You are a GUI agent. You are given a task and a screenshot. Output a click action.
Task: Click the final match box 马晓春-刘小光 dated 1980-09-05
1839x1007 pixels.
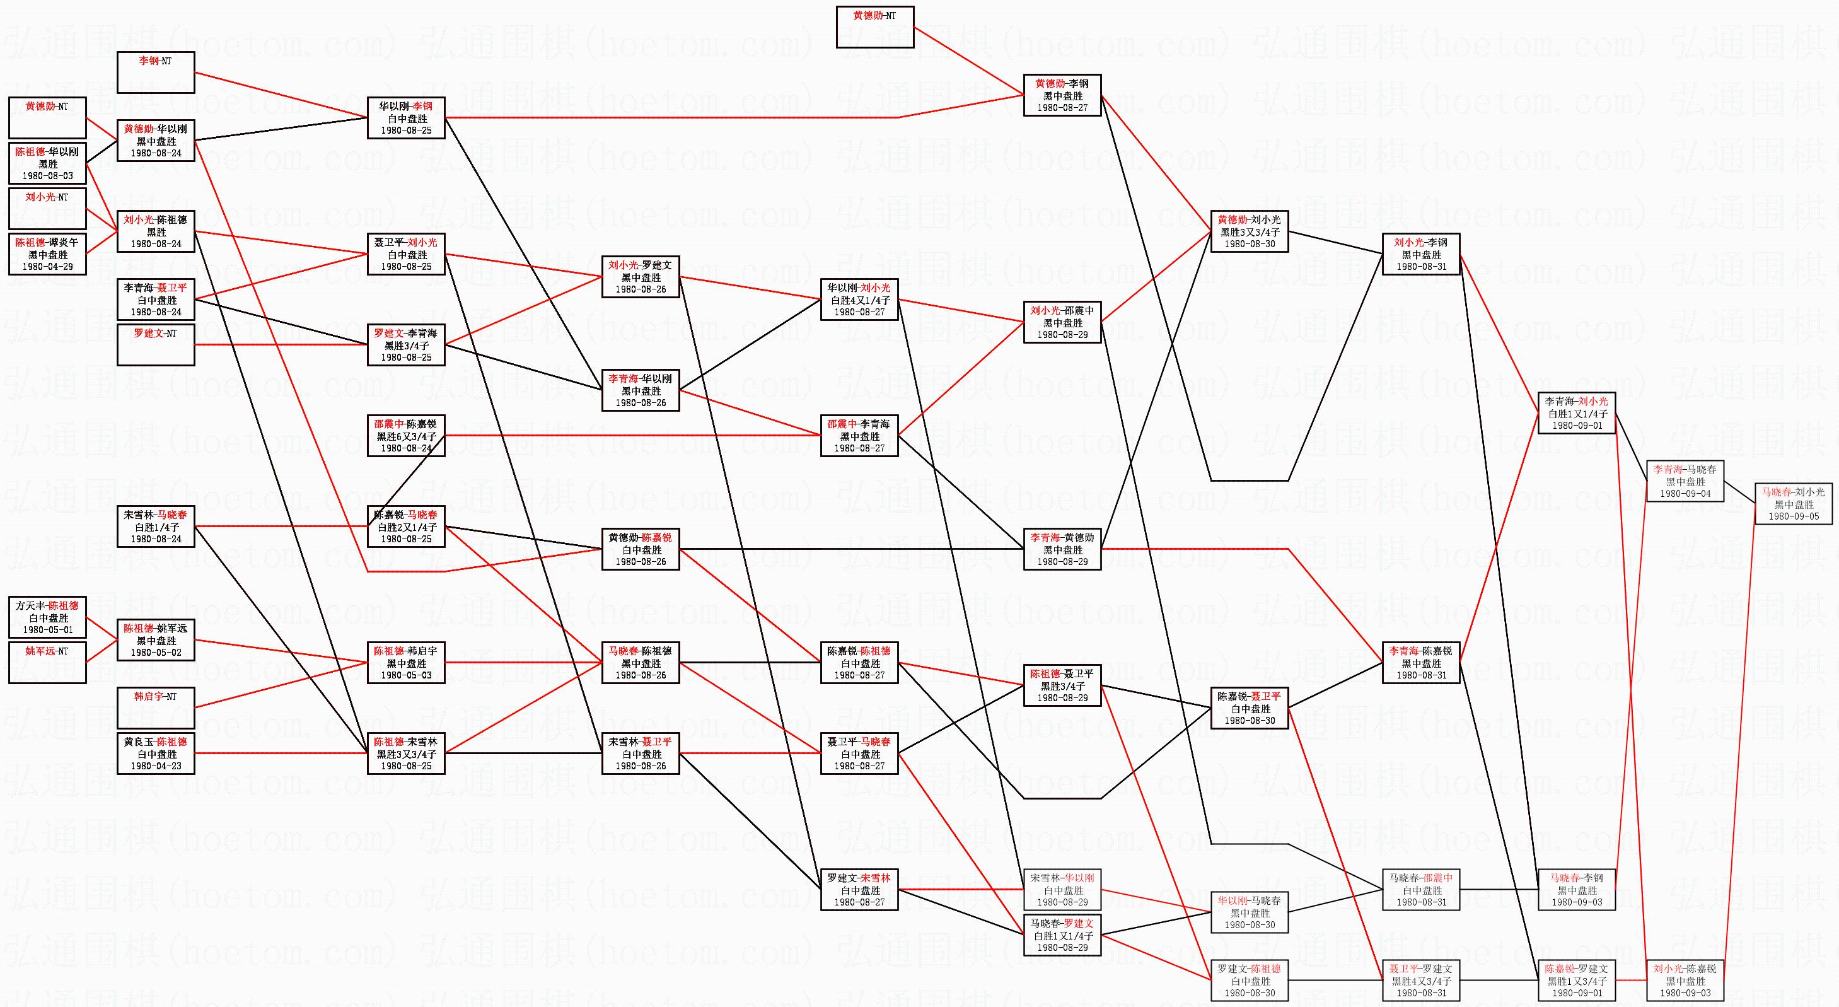click(1794, 503)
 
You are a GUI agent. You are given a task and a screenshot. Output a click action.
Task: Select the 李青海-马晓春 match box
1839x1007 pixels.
click(1685, 481)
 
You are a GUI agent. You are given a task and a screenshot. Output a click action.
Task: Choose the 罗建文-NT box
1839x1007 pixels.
click(156, 345)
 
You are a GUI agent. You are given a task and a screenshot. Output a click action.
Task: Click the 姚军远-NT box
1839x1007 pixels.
click(47, 663)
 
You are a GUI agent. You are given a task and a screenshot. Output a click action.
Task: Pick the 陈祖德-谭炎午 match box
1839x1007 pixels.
click(47, 254)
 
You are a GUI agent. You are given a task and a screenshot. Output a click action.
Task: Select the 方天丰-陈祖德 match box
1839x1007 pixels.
click(47, 618)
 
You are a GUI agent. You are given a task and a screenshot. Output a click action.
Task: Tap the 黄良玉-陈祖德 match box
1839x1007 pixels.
click(156, 754)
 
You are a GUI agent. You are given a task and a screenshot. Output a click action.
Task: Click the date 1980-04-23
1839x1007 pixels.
click(156, 765)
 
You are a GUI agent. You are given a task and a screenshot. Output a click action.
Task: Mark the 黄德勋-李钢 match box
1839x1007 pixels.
click(1062, 95)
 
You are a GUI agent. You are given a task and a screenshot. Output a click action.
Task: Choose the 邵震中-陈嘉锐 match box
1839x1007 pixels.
click(406, 436)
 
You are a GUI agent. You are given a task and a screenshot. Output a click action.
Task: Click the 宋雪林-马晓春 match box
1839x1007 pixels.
click(156, 527)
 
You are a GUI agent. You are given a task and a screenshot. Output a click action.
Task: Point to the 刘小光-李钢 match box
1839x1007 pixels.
click(1420, 254)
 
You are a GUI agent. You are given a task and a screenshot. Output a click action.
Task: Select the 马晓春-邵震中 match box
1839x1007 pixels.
click(1420, 890)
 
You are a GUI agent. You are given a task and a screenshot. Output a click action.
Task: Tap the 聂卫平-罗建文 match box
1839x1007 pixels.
click(1420, 981)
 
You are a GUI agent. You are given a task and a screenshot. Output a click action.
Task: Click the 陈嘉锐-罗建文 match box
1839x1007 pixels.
click(1576, 981)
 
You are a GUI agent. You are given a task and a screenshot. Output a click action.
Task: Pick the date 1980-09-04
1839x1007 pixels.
click(1685, 494)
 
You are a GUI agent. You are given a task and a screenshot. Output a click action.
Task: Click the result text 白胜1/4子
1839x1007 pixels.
click(156, 527)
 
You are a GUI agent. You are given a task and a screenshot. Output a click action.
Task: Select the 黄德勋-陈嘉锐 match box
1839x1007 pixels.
click(641, 549)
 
